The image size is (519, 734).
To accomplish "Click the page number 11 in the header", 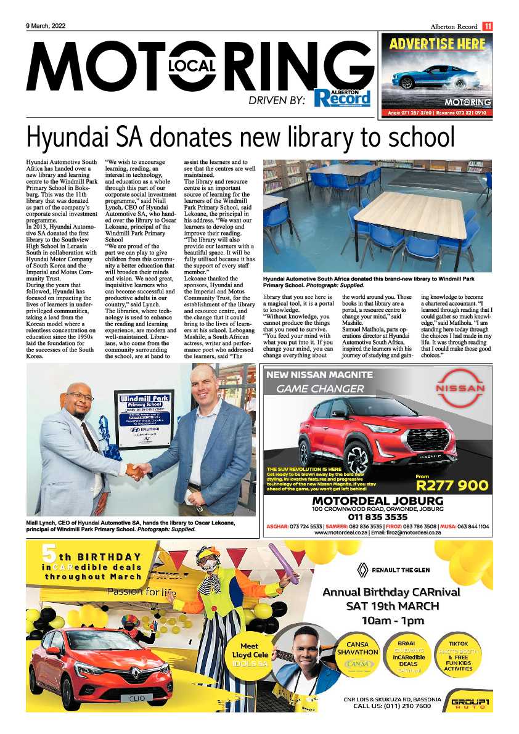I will [487, 26].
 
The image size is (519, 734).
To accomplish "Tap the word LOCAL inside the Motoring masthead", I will [190, 66].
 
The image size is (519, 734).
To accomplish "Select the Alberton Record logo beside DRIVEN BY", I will [341, 97].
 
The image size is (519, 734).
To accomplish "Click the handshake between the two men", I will [137, 472].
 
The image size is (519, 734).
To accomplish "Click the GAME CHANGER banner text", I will [320, 389].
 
